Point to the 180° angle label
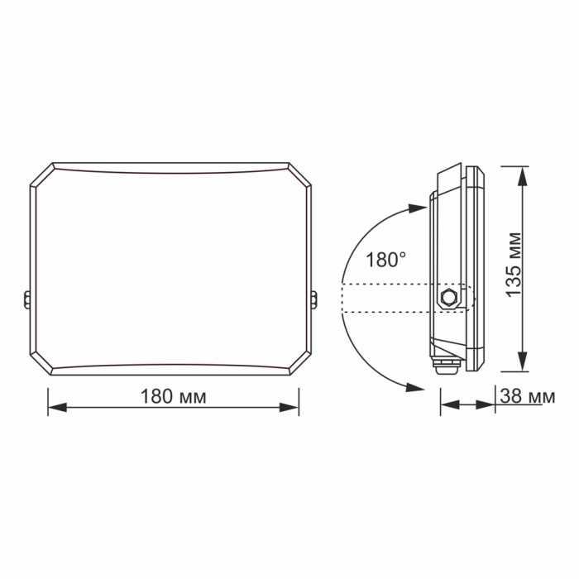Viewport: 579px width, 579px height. click(386, 260)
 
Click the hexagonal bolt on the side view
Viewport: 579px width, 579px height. click(449, 296)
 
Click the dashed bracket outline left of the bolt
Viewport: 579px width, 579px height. click(385, 299)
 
